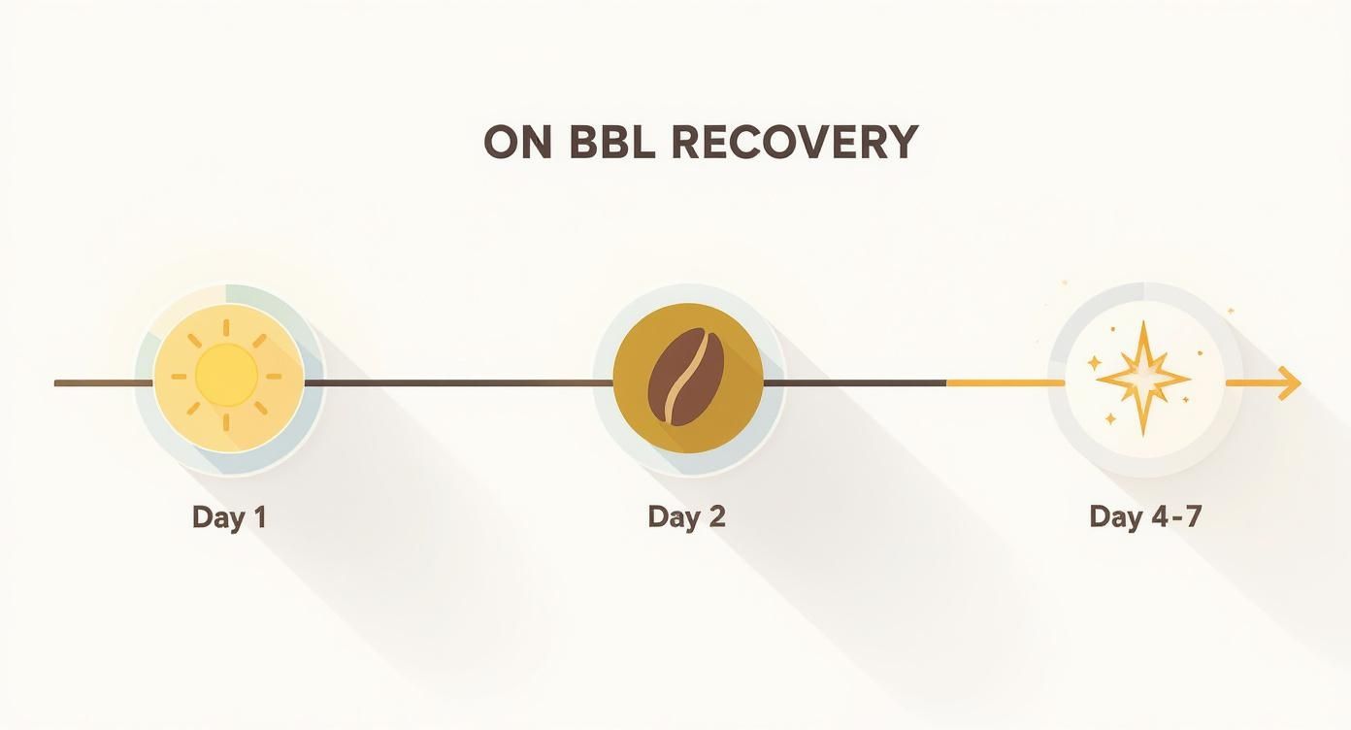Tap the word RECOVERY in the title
tap(793, 144)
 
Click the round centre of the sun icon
tap(227, 375)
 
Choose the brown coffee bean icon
tap(686, 376)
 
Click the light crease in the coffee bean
tap(684, 377)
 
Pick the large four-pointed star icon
tap(1143, 378)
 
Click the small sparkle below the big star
tap(1110, 419)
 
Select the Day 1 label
tap(229, 516)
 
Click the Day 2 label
tap(686, 516)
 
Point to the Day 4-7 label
tap(1145, 516)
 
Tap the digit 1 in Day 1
tap(258, 516)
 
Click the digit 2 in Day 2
tap(715, 516)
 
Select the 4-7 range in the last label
tap(1174, 516)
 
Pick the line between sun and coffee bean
tap(456, 383)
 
